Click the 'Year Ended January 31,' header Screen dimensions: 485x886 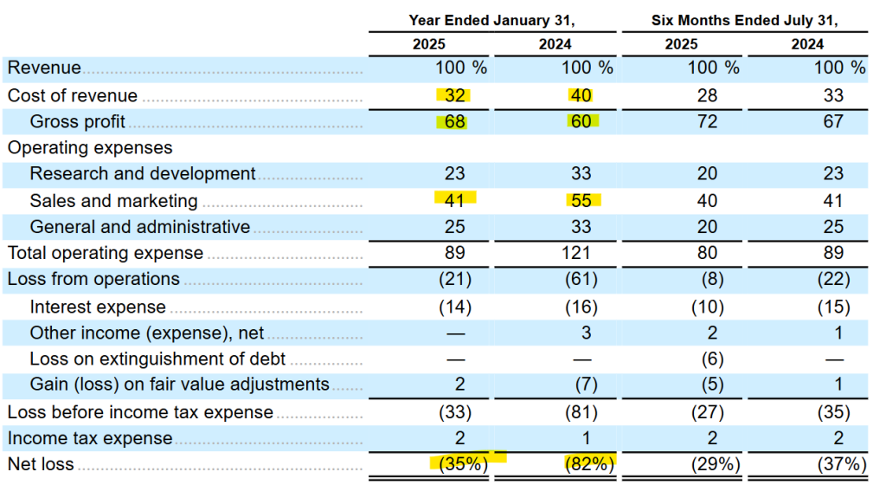click(491, 20)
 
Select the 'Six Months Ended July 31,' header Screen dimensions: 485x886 click(745, 20)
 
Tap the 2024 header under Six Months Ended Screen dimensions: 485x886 click(807, 44)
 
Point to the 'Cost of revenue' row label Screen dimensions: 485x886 click(73, 95)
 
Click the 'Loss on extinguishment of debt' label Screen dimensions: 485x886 click(157, 358)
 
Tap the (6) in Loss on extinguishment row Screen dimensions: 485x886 click(708, 358)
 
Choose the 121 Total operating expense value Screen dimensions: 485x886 click(581, 253)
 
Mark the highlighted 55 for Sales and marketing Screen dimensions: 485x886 click(581, 201)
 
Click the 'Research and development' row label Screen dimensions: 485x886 click(143, 174)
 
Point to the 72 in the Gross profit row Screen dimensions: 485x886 click(708, 121)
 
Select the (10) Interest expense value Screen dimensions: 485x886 click(708, 307)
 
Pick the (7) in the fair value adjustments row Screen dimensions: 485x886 click(581, 385)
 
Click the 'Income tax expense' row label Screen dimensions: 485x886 click(90, 438)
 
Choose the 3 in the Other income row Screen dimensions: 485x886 click(581, 333)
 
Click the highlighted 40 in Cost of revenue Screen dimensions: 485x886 click(581, 95)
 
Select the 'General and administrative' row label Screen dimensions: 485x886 click(140, 227)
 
